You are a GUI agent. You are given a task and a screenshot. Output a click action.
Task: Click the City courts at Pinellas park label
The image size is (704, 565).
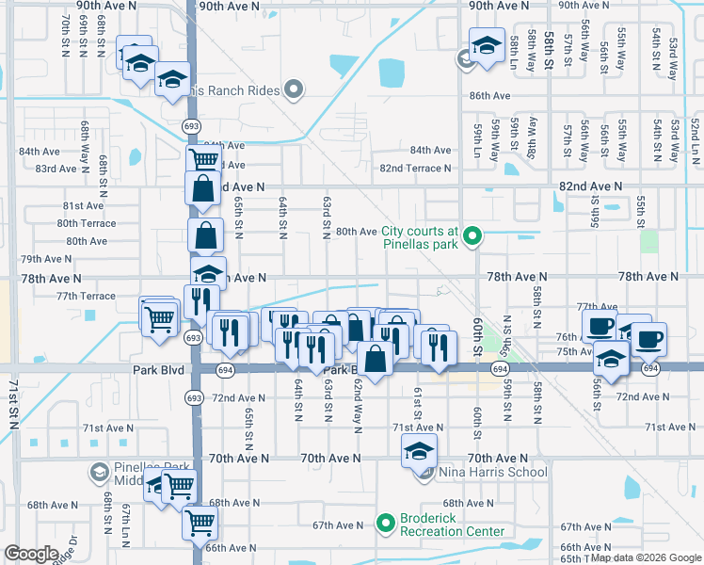click(x=420, y=236)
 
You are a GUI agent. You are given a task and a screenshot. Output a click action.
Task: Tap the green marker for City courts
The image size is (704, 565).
click(x=474, y=236)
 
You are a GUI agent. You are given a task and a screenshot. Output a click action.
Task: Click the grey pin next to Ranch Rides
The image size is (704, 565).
click(x=295, y=91)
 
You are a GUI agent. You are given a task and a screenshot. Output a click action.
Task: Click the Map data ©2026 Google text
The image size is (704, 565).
click(x=646, y=558)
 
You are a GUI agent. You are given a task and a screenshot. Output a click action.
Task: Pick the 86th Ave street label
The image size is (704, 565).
click(x=489, y=96)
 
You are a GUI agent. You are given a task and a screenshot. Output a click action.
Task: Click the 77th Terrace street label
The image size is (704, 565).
click(x=86, y=296)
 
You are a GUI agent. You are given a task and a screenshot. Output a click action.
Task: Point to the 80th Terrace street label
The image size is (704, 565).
click(x=87, y=223)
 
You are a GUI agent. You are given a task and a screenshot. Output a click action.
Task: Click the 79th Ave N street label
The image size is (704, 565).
click(x=46, y=259)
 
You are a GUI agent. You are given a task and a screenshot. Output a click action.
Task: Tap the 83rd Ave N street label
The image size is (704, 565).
click(x=56, y=169)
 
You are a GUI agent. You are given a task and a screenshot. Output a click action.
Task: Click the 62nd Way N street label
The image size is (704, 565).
click(x=359, y=412)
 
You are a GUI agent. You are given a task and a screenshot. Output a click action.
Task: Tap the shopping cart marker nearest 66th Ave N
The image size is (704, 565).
click(x=199, y=521)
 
